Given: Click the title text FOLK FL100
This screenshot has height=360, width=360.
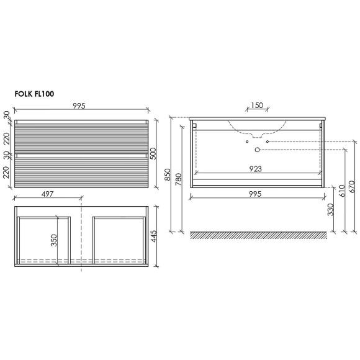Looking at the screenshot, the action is (34, 94).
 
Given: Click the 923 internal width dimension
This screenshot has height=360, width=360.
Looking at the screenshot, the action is (255, 169).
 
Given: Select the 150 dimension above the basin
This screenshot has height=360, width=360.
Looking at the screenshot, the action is (257, 105).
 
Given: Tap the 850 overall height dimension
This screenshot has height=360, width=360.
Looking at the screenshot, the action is (168, 174).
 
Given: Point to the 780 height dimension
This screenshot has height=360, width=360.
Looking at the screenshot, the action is (179, 179).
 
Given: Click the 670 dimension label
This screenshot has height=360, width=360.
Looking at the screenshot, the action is (352, 186).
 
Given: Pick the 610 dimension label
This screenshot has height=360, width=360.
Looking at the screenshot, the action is (342, 191).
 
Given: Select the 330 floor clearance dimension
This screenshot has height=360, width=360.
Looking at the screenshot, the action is (330, 209).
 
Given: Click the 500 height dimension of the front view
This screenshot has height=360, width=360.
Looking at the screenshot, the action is (153, 153).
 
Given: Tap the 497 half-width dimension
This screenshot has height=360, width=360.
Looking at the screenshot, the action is (48, 194).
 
